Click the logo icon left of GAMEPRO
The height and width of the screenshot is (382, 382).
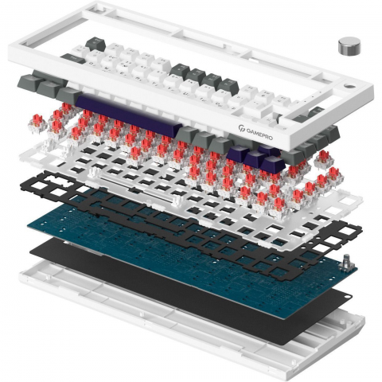tap(241, 128)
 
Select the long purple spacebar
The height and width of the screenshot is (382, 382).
tap(128, 115)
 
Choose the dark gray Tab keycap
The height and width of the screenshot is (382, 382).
tap(72, 59)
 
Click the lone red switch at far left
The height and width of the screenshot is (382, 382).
tap(37, 123)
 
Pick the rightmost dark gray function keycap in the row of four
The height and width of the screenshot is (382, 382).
tap(228, 85)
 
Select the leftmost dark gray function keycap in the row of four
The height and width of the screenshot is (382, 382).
tap(180, 70)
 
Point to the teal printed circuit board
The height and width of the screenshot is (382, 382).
tap(185, 252)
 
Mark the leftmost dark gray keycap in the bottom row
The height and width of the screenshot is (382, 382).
tap(27, 83)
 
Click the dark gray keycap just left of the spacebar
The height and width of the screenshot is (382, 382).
tap(68, 95)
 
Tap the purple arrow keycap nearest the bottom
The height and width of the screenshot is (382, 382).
tap(272, 164)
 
